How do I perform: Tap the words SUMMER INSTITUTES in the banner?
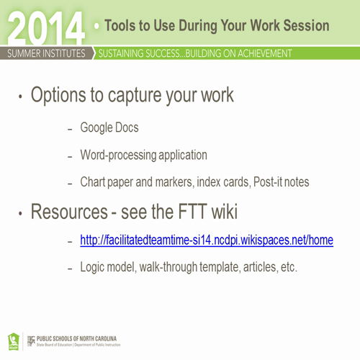[x=46, y=53]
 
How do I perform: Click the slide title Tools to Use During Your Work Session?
[x=217, y=26]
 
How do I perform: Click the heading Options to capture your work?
[x=132, y=96]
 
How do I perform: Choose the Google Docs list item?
[x=109, y=128]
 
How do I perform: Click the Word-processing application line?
[x=143, y=155]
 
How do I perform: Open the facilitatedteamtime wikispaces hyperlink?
[x=206, y=240]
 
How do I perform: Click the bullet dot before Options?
[x=21, y=98]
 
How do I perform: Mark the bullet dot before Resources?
[x=21, y=213]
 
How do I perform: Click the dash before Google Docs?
[x=70, y=129]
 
